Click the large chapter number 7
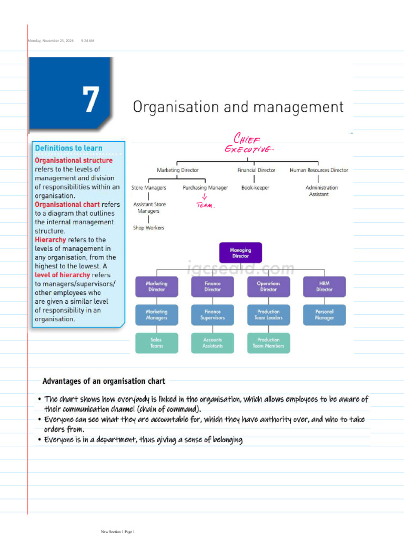[x=91, y=99]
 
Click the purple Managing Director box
[x=240, y=253]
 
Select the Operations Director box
[x=268, y=286]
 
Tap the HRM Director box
[x=325, y=286]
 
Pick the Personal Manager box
[x=325, y=315]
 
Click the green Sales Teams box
[x=156, y=343]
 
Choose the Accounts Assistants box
[x=213, y=343]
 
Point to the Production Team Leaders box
[x=268, y=315]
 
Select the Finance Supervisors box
[x=213, y=315]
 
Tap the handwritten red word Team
[x=205, y=206]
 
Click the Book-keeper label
[x=256, y=187]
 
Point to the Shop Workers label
[x=148, y=228]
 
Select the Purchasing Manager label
[x=205, y=187]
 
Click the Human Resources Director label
[x=319, y=170]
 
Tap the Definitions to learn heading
[x=68, y=148]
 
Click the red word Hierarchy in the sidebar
[x=50, y=239]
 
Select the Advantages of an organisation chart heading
[x=104, y=381]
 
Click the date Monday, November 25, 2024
[x=50, y=41]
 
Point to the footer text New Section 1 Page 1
[x=118, y=532]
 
